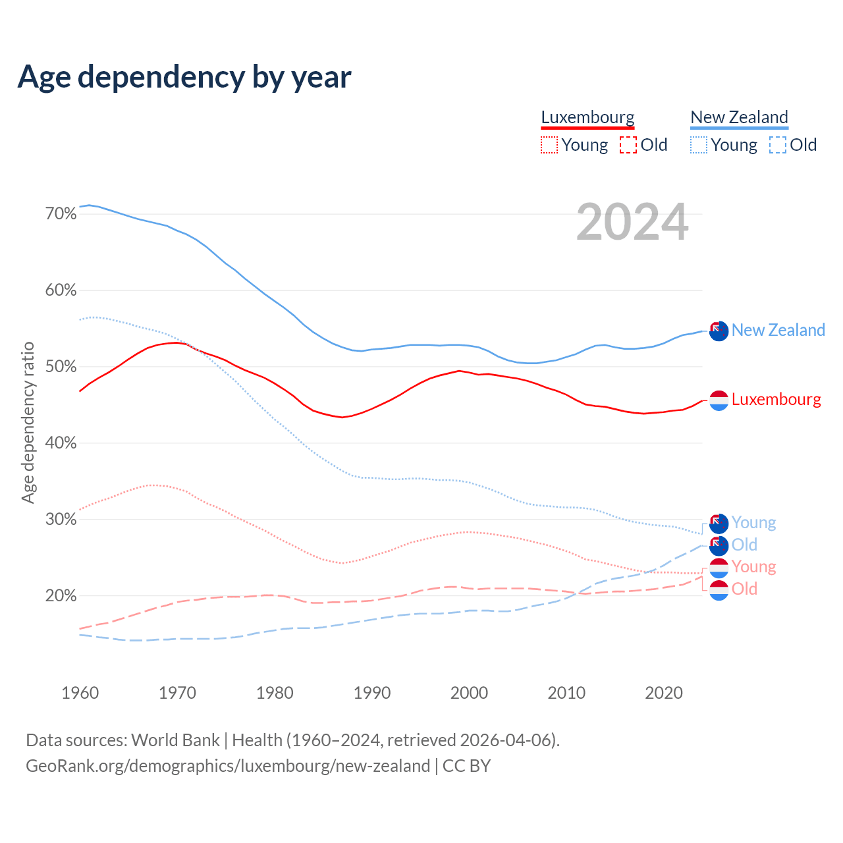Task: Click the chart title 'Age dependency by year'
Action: pos(184,77)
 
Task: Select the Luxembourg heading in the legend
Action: pos(587,118)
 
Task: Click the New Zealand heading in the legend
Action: pos(739,118)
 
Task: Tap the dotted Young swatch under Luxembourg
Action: pos(549,145)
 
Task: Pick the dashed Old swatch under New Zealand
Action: pos(778,145)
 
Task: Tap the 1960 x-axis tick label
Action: pos(80,693)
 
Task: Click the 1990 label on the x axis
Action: pos(372,693)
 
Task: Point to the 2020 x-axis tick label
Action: pos(664,693)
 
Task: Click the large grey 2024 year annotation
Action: pos(632,223)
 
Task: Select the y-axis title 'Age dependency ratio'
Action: pos(28,422)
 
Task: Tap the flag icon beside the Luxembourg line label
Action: pos(719,400)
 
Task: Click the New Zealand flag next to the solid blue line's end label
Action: pos(719,331)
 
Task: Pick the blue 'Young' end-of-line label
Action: pos(753,523)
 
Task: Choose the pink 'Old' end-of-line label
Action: pos(744,589)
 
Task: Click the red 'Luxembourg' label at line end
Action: pos(776,400)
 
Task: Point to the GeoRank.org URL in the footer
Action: pos(228,766)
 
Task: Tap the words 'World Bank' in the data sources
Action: pos(175,740)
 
